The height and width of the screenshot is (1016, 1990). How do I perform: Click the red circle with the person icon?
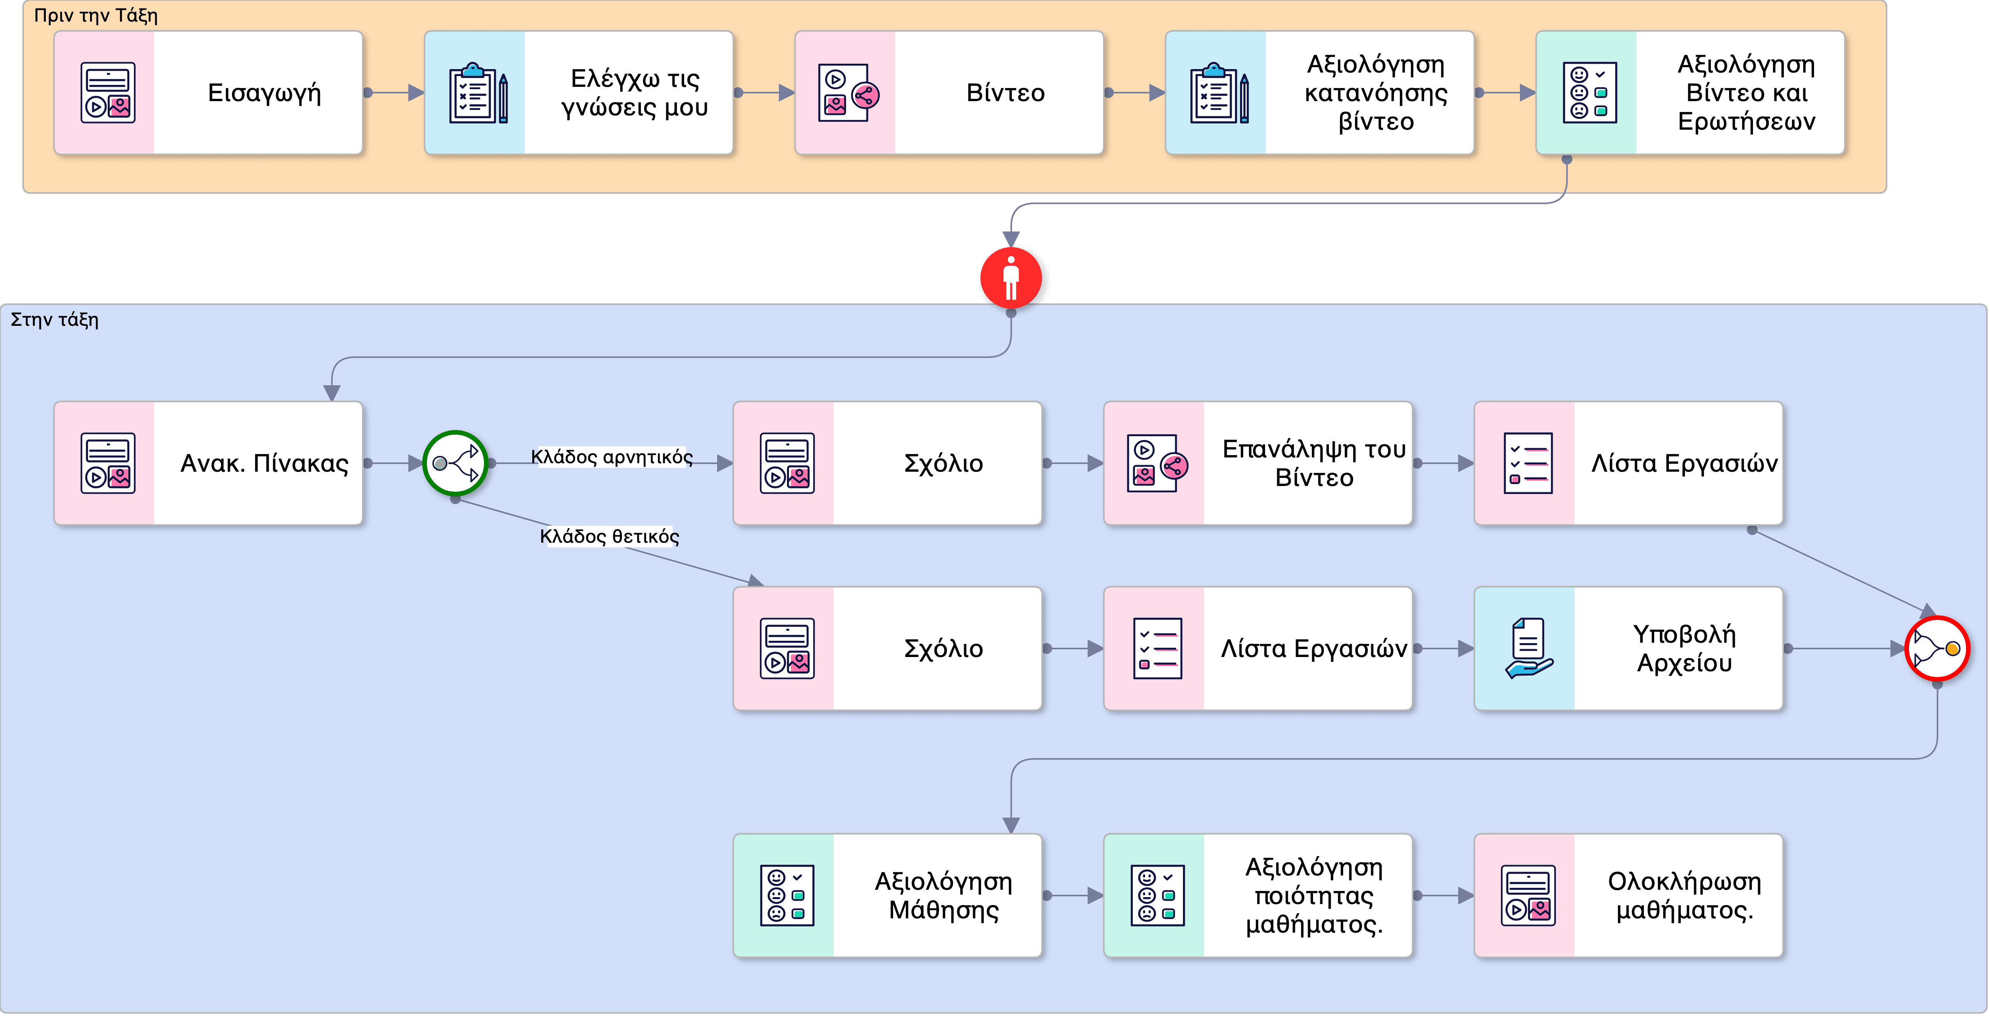click(1011, 278)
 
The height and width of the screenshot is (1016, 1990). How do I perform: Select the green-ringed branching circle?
click(455, 463)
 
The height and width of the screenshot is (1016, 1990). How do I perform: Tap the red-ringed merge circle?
click(1937, 648)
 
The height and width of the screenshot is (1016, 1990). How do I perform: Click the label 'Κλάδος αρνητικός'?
click(612, 457)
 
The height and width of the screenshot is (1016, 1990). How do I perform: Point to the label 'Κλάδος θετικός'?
click(609, 536)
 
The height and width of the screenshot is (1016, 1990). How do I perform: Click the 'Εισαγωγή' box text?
click(264, 93)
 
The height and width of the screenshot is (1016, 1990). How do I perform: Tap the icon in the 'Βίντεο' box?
click(848, 93)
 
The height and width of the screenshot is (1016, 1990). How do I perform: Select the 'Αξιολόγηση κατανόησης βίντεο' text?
click(1376, 93)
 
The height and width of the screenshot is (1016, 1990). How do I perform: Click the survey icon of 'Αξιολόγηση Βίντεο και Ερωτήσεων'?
click(1589, 93)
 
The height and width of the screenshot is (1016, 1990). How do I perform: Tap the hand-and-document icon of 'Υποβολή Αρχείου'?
click(1528, 648)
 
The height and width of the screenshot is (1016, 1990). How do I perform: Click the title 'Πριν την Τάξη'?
click(96, 15)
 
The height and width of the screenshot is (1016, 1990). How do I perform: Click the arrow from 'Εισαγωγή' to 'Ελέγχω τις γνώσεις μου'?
click(394, 93)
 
